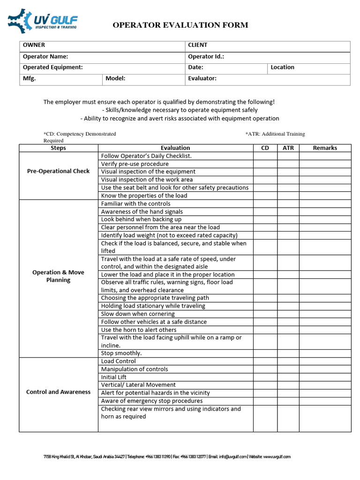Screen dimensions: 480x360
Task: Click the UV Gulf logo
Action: click(42, 21)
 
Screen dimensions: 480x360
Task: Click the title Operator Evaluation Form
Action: click(180, 25)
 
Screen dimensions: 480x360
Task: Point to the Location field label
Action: click(282, 67)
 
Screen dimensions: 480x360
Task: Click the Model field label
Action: click(115, 79)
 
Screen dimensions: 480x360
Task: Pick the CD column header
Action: click(265, 148)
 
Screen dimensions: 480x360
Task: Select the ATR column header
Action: click(288, 148)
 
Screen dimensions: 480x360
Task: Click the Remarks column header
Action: click(325, 148)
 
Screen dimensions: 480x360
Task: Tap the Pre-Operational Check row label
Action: click(58, 172)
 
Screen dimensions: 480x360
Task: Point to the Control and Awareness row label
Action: click(58, 392)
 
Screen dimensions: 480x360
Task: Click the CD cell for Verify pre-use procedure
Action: click(265, 164)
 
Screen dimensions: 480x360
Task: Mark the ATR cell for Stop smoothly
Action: click(288, 353)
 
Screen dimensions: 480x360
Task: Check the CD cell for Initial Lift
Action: click(265, 377)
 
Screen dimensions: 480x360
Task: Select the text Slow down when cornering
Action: click(138, 314)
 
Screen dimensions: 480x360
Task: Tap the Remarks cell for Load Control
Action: click(325, 361)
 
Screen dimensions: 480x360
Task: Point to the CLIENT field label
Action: click(197, 45)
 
